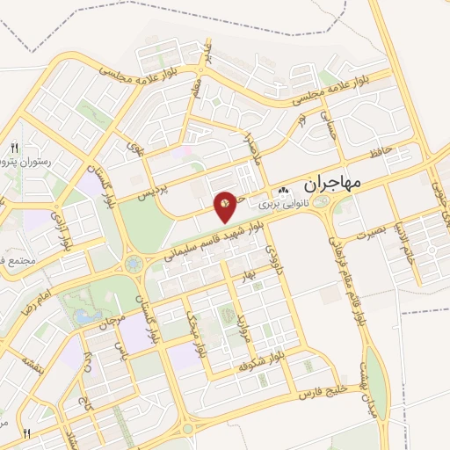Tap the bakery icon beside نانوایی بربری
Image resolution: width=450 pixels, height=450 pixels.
(x=283, y=190)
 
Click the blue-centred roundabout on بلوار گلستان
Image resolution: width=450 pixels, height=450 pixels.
(x=133, y=262)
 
